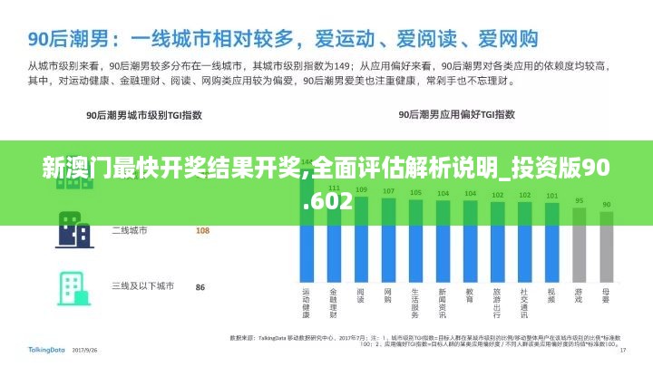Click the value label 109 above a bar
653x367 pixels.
coord(361,190)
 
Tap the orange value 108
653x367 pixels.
coord(202,230)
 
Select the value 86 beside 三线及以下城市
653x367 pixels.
coord(200,287)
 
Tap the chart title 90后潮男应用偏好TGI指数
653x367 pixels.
coord(457,115)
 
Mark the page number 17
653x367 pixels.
coord(623,350)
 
